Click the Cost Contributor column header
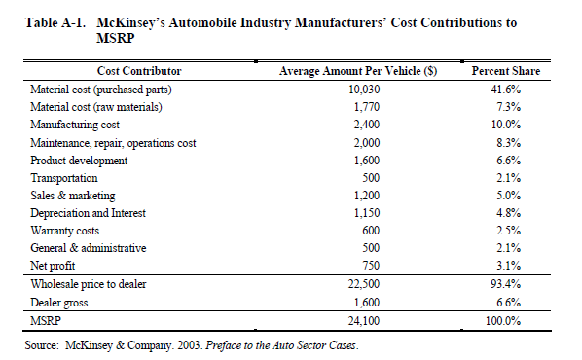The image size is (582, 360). [139, 71]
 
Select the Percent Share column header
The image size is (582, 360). [506, 71]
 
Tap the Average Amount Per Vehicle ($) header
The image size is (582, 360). [358, 71]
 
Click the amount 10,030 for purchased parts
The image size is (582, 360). [364, 90]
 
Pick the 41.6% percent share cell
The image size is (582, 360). [506, 90]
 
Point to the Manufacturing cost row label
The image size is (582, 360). [75, 125]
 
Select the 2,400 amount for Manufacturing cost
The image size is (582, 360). [367, 125]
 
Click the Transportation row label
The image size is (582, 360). [64, 178]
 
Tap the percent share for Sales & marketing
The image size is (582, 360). [509, 196]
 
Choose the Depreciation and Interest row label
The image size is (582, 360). [88, 213]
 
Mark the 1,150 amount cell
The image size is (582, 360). [367, 213]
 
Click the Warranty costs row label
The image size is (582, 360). [65, 231]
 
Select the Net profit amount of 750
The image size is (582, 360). [371, 266]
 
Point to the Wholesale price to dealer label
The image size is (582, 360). [89, 284]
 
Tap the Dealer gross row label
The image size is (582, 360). [59, 303]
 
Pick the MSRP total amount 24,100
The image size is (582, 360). [364, 321]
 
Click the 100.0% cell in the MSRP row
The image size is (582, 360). [503, 321]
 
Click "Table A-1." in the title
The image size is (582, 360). [55, 23]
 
